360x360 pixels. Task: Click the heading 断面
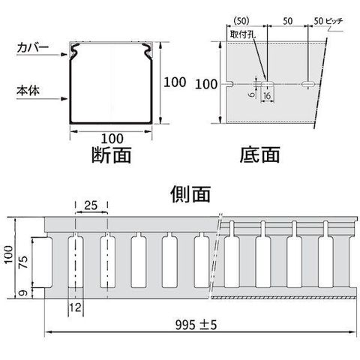click(112, 154)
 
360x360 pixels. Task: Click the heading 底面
click(259, 154)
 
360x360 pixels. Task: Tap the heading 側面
click(190, 193)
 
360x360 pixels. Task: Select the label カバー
click(33, 48)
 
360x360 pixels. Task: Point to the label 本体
click(28, 91)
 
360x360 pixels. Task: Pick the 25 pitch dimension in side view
click(91, 205)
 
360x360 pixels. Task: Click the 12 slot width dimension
click(76, 307)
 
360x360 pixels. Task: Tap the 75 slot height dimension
click(25, 262)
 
